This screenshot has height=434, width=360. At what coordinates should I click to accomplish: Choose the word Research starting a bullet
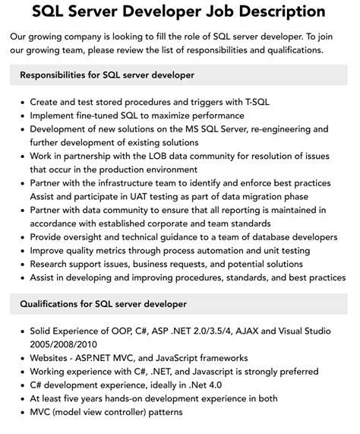pos(54,265)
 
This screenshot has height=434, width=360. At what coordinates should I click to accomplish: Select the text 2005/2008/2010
pos(71,344)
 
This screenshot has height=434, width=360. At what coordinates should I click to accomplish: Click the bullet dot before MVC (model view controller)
pos(23,413)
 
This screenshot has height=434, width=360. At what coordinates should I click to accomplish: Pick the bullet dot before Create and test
pos(23,101)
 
